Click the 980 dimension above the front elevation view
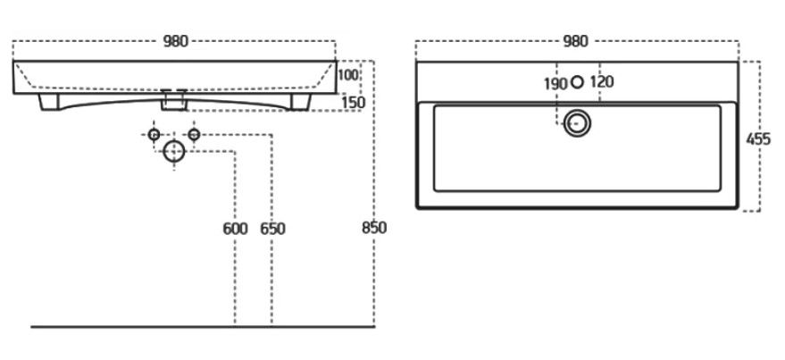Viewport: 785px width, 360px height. [x=176, y=41]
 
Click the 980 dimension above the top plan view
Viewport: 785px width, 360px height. [x=576, y=41]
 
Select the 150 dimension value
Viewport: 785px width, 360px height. [x=354, y=103]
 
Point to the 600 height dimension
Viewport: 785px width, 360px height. [x=235, y=229]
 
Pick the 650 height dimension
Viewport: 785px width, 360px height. [x=272, y=229]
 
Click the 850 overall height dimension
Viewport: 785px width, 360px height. [x=374, y=228]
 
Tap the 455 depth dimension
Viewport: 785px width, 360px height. [x=760, y=139]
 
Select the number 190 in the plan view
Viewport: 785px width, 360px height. [x=555, y=83]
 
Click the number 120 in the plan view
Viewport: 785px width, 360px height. [x=602, y=83]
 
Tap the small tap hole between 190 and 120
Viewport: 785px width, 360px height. [x=577, y=82]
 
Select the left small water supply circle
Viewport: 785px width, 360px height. [x=154, y=135]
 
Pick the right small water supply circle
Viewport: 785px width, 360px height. [x=193, y=135]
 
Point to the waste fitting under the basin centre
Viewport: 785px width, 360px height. [x=173, y=103]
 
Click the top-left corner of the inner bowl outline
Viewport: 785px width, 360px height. [x=435, y=107]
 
